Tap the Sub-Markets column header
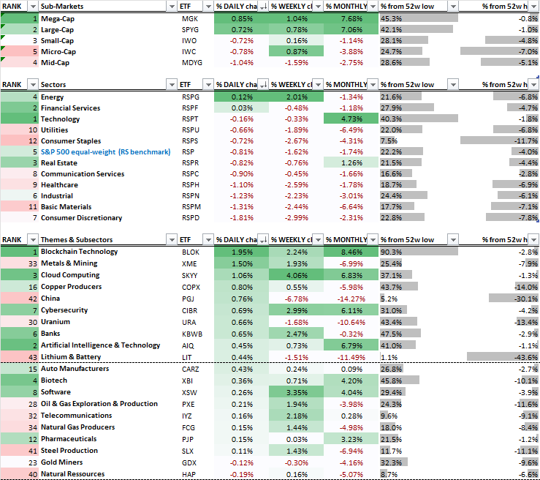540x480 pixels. coord(61,6)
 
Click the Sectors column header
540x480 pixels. coord(54,85)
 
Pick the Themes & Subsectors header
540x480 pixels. coord(77,239)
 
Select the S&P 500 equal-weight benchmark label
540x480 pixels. coord(105,151)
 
